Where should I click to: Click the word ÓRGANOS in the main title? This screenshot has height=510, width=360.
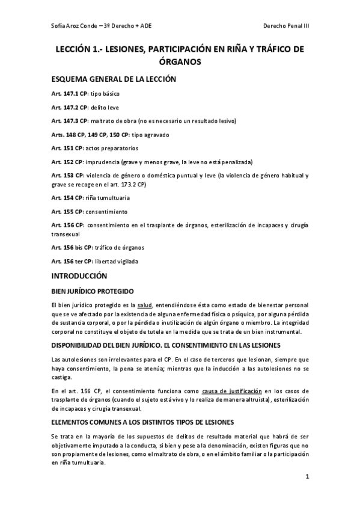pos(180,61)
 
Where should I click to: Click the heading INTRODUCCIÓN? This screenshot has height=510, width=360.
pos(79,276)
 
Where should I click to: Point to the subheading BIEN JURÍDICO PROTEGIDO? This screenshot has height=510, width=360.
pos(92,291)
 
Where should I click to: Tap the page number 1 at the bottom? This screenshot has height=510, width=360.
pos(307,478)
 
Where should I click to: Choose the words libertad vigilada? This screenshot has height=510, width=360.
pos(119,261)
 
